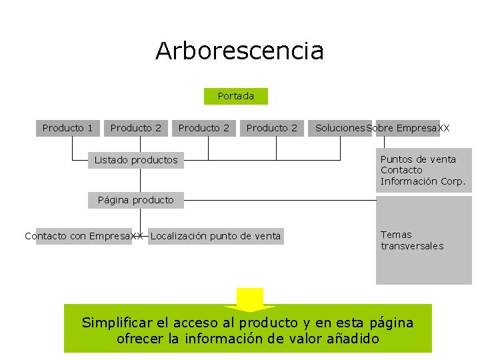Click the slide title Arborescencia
(x=239, y=51)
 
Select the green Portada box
(x=235, y=96)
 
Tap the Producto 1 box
(x=67, y=127)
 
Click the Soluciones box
(x=340, y=127)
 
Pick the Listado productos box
(x=136, y=160)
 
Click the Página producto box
(x=135, y=200)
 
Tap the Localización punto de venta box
(x=216, y=236)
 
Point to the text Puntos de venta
(x=418, y=159)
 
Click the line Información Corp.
(x=423, y=181)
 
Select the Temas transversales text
(x=411, y=240)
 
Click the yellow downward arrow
(x=250, y=300)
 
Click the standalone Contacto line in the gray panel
(x=401, y=170)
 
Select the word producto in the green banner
(x=269, y=323)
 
